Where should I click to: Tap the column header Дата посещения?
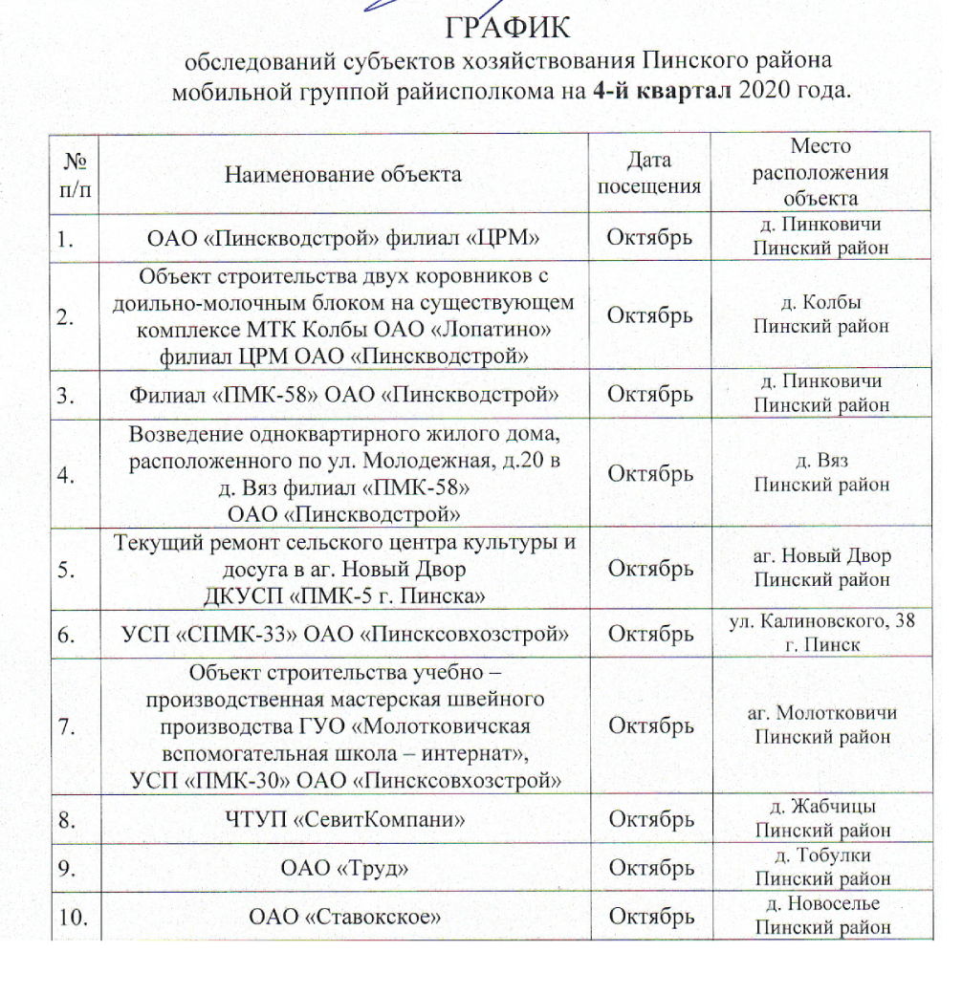649,173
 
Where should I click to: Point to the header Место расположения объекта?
820,173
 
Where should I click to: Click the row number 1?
66,239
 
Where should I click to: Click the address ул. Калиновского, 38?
820,622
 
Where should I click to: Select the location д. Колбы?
820,303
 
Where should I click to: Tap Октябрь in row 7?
650,726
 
